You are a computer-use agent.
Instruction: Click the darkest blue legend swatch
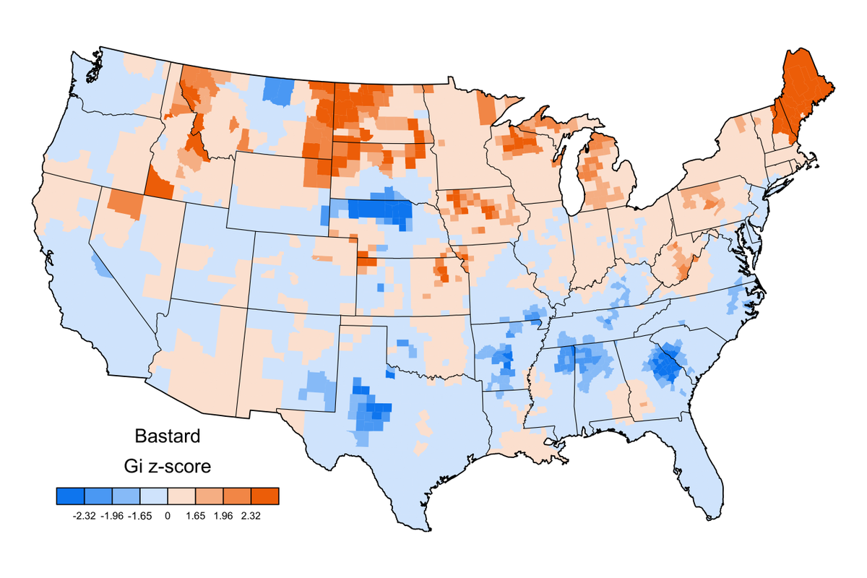click(71, 496)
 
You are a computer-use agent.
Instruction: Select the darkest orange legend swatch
click(264, 496)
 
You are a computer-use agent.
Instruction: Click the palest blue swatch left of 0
click(153, 496)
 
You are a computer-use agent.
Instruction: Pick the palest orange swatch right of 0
click(181, 496)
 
